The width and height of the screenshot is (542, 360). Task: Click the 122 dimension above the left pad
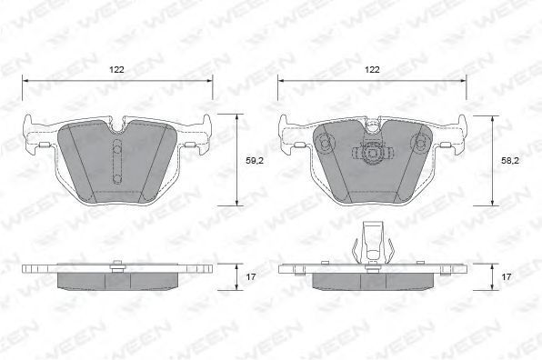click(x=116, y=70)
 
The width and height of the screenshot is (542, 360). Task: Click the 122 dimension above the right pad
click(x=372, y=70)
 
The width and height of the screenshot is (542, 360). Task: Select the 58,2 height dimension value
click(x=510, y=160)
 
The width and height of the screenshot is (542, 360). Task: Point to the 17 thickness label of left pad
click(x=251, y=276)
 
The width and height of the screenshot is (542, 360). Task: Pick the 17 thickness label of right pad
click(x=506, y=276)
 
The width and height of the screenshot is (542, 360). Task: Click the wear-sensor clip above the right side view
click(x=373, y=243)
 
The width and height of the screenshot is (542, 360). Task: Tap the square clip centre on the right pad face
click(x=372, y=153)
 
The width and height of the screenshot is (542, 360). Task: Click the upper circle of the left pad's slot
click(x=117, y=150)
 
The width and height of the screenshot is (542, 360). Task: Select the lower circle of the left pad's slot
click(x=117, y=178)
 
